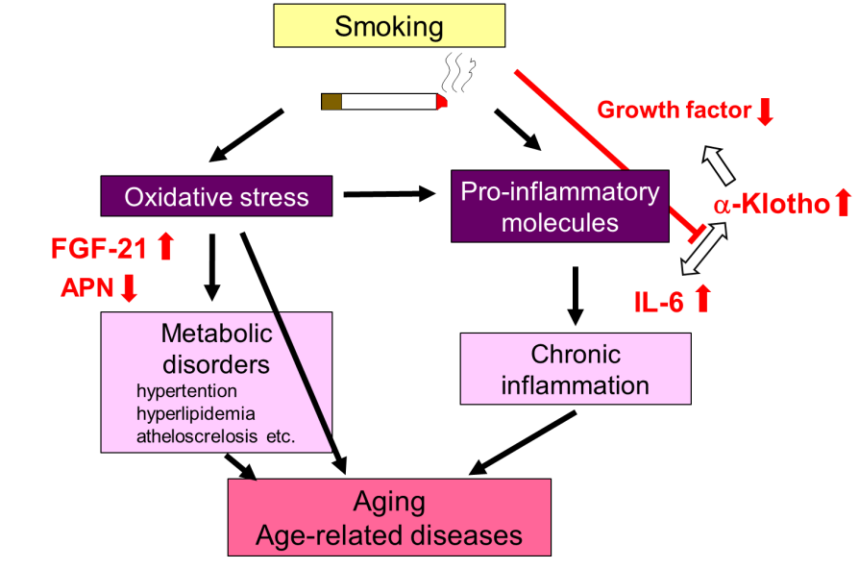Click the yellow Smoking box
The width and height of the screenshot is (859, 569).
(388, 26)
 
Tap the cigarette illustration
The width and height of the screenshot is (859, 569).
(384, 101)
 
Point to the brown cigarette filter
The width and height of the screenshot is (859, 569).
(331, 101)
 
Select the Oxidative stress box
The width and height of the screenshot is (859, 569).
(216, 197)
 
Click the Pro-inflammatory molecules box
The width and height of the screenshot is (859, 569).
(560, 206)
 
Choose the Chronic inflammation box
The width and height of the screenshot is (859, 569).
(576, 369)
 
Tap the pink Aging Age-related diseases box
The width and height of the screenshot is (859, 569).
(389, 518)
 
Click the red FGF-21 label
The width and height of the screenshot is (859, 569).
(99, 250)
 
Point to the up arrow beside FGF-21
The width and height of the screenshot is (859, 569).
(165, 247)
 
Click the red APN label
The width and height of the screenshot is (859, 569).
(87, 287)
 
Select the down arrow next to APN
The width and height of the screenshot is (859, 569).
(129, 287)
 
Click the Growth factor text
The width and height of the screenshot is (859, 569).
(674, 111)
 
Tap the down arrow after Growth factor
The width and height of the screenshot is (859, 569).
(765, 111)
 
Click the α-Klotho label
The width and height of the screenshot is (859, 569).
(771, 205)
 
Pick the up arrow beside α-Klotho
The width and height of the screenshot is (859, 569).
(843, 202)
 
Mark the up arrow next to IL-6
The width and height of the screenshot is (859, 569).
(701, 299)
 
